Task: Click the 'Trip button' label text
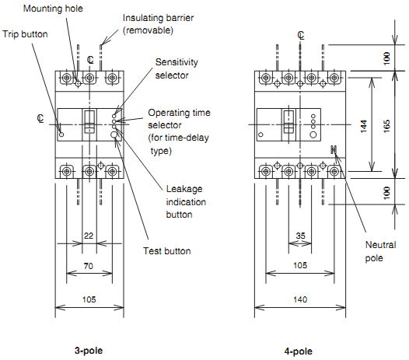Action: point(25,34)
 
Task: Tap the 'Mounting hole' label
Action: point(53,9)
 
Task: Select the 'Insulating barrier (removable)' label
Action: point(158,24)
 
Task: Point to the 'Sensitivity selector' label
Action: point(177,68)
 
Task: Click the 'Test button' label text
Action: point(167,251)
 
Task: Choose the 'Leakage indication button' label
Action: point(186,201)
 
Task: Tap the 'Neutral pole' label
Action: point(380,251)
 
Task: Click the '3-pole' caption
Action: point(89,351)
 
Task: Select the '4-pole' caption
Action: point(298,351)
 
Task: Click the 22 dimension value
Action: point(89,236)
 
